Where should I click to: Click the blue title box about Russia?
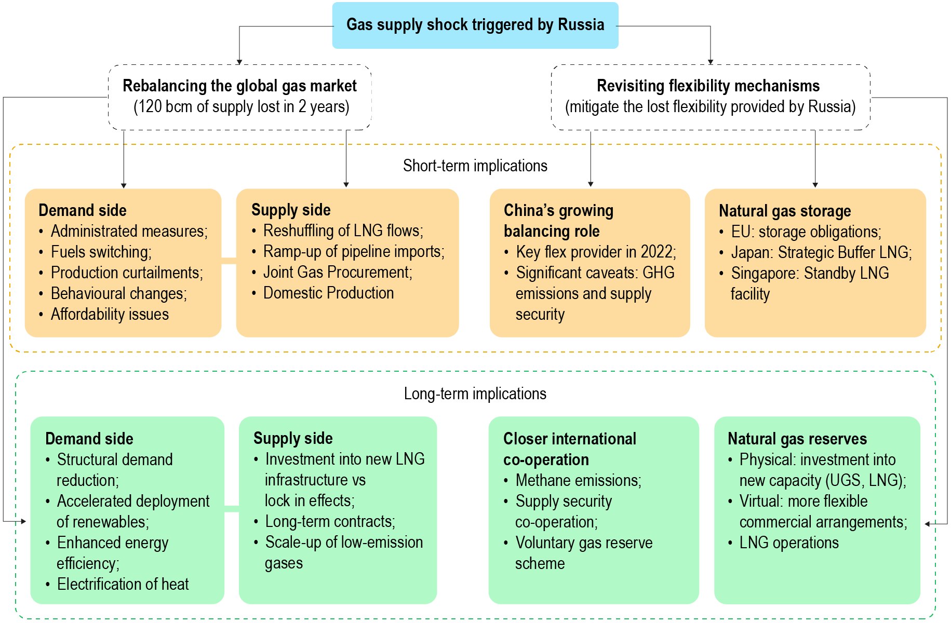(x=475, y=25)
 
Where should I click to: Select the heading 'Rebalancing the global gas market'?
(x=239, y=86)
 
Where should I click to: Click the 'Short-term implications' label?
(x=475, y=166)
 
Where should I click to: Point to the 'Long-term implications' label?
(x=475, y=394)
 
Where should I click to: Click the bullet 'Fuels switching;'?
(x=101, y=252)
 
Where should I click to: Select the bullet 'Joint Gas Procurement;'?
(x=338, y=272)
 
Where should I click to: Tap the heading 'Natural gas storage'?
(x=784, y=211)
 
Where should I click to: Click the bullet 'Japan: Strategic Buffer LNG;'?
(x=821, y=252)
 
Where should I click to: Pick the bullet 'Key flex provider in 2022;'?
(x=596, y=252)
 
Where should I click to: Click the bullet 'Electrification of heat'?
(x=123, y=584)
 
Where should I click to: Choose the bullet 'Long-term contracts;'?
(x=330, y=521)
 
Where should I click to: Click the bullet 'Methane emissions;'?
(x=578, y=480)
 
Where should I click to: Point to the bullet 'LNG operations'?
(x=788, y=543)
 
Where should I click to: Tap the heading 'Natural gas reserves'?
(x=797, y=439)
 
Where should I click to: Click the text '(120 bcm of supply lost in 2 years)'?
(x=241, y=106)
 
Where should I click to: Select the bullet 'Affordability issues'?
(x=110, y=314)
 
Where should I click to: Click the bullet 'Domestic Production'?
(x=328, y=293)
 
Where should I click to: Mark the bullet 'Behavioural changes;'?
(x=118, y=293)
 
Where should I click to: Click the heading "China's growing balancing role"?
(x=558, y=221)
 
